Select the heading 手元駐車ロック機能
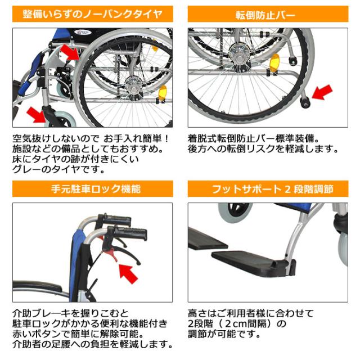pos(92,189)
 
